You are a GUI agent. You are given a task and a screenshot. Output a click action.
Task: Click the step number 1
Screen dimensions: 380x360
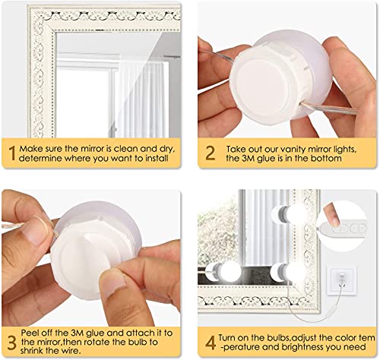12,153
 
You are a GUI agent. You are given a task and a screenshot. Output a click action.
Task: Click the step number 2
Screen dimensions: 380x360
211,153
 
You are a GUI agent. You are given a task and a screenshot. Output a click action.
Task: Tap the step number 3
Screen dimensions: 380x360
11,343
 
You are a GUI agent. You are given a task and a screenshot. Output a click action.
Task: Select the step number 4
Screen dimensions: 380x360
211,343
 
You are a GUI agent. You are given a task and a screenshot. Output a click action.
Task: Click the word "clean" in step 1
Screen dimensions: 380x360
125,149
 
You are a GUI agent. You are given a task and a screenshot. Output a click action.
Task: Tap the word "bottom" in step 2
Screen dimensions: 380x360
326,159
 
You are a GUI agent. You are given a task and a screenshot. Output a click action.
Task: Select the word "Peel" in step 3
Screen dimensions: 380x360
30,333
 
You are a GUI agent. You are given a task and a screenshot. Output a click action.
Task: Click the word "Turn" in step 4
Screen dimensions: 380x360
228,338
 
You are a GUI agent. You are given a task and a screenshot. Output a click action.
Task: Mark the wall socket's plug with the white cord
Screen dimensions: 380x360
341,276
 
